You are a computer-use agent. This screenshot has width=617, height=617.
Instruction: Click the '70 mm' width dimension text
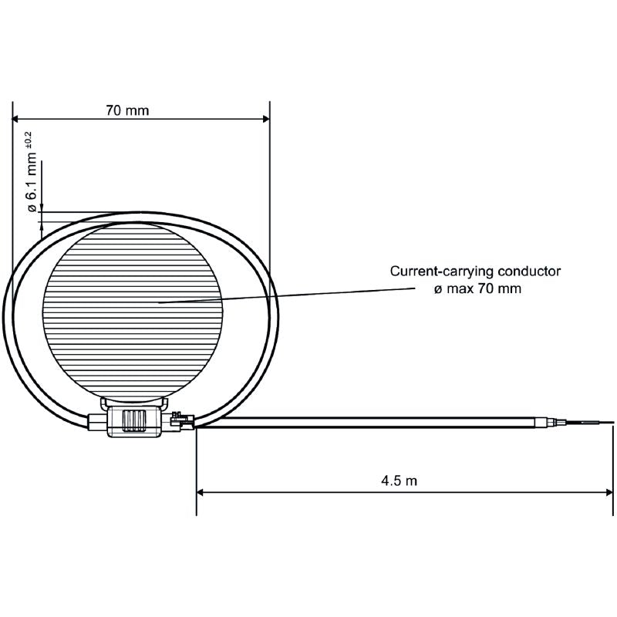point(127,110)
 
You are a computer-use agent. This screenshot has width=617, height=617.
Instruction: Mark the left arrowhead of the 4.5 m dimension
point(201,491)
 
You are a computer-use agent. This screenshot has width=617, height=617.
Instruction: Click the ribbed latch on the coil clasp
point(135,421)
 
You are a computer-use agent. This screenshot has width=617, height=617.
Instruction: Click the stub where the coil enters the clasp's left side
point(96,422)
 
